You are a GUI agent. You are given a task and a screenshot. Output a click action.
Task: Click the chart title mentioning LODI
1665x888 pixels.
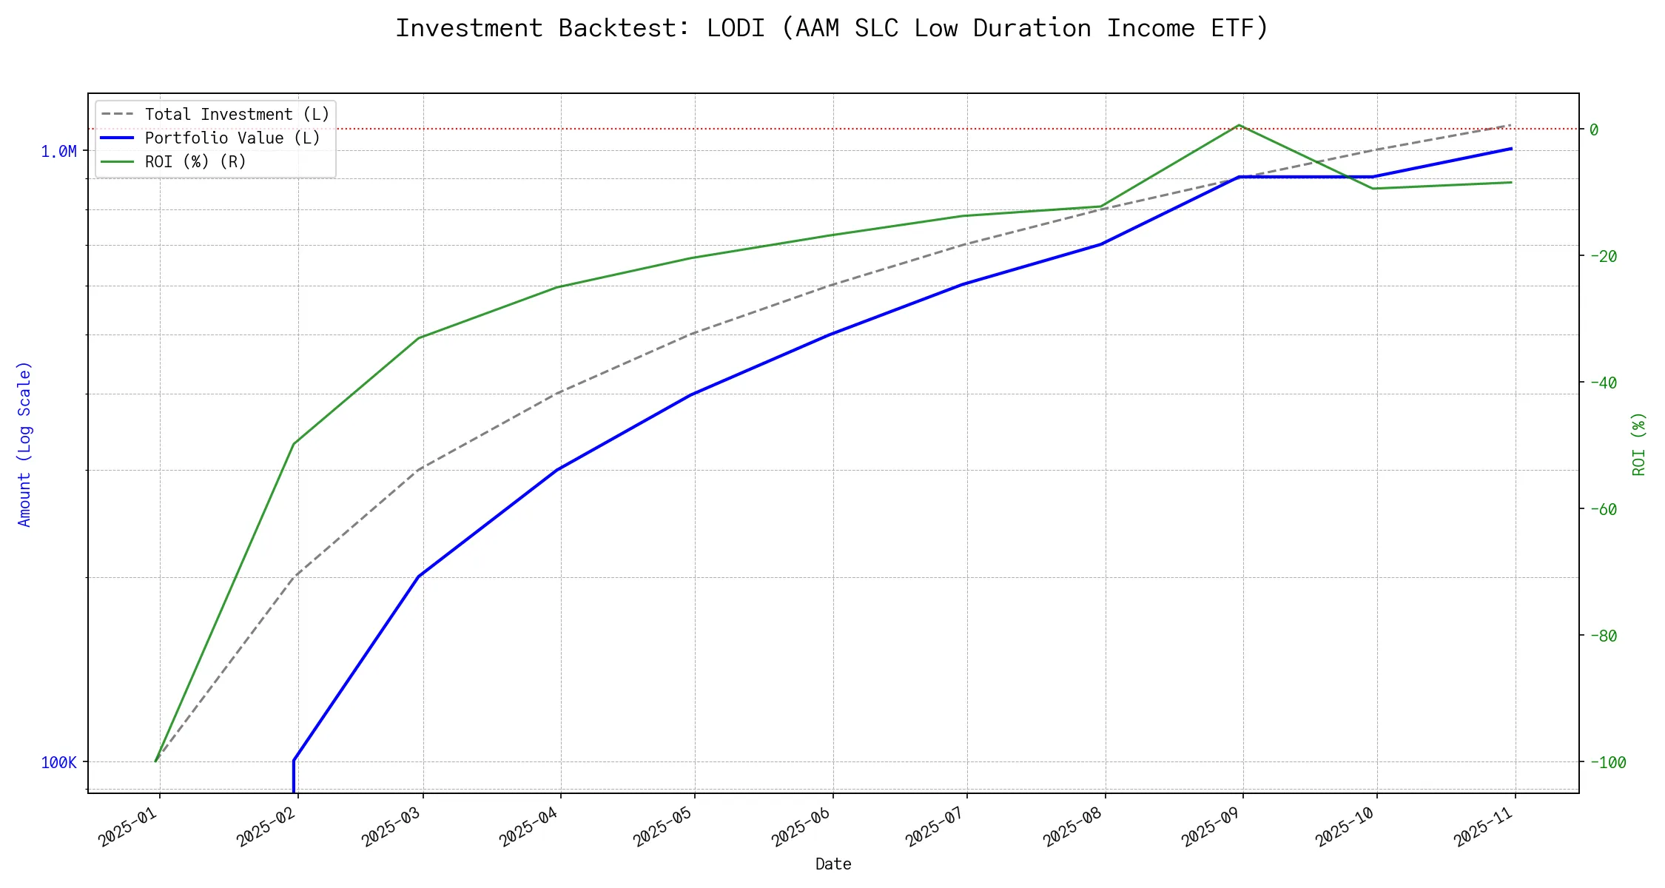click(x=832, y=28)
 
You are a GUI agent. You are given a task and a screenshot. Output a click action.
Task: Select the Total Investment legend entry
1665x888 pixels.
click(x=237, y=115)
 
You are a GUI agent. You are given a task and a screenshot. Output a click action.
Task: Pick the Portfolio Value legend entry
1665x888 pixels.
click(x=232, y=138)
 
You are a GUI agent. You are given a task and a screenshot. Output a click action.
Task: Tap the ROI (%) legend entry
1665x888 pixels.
click(x=195, y=162)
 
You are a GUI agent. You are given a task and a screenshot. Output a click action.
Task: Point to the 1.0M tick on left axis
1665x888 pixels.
click(x=58, y=152)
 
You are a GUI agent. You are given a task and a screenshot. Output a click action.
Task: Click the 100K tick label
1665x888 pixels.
click(x=58, y=763)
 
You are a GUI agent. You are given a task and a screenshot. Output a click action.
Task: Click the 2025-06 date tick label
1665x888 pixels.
click(x=802, y=826)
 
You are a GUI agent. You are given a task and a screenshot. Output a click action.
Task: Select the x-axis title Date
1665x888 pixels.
click(x=833, y=864)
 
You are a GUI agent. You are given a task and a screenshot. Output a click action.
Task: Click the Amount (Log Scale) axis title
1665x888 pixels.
click(x=25, y=444)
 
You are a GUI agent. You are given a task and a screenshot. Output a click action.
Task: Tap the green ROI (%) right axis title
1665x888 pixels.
click(x=1639, y=444)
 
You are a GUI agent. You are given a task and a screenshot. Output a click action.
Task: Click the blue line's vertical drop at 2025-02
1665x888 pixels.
click(x=294, y=777)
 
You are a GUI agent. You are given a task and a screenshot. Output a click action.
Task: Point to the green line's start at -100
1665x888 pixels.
click(x=155, y=761)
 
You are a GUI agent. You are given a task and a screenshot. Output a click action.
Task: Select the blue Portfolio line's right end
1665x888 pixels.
click(x=1511, y=149)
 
